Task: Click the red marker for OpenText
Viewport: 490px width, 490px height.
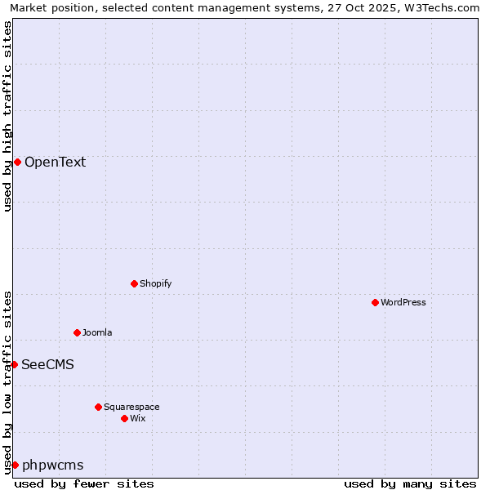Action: [17, 162]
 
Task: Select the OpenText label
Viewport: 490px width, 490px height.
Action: [55, 162]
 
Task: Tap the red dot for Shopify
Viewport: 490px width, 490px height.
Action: [134, 283]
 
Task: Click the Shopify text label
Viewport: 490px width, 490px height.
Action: [155, 283]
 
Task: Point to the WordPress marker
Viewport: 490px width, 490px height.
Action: [375, 302]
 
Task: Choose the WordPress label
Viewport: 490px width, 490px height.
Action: [403, 302]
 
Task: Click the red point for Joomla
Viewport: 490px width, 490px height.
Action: [77, 332]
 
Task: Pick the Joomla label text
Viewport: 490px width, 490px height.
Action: [97, 332]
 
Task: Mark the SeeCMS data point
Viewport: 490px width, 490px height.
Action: [14, 364]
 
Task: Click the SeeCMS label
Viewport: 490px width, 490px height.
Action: [47, 364]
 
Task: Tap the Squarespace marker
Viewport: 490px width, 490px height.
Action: [98, 407]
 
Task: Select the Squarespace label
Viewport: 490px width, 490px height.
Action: [131, 407]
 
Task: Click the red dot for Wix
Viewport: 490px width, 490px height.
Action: [124, 418]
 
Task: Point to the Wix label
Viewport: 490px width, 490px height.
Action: [138, 418]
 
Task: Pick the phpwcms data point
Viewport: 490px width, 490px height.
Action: [15, 465]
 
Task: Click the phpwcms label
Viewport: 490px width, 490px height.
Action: [53, 465]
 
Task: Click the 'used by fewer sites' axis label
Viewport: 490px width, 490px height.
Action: [84, 483]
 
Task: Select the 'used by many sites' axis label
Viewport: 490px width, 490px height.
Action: [410, 483]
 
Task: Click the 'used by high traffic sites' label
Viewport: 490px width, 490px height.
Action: [7, 116]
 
